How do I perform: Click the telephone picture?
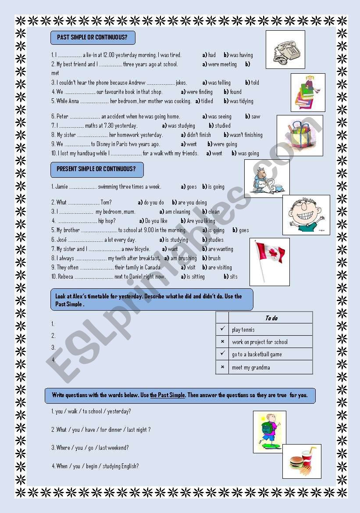(x=285, y=50)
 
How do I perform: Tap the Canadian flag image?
(x=269, y=262)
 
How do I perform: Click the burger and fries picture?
(x=302, y=461)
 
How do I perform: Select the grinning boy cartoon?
(x=306, y=215)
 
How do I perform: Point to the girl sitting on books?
(x=308, y=92)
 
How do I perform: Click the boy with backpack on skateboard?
(x=269, y=432)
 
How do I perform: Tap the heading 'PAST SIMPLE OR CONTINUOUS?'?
(x=93, y=38)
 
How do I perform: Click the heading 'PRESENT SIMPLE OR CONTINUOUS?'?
(x=96, y=169)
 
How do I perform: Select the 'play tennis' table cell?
(x=243, y=330)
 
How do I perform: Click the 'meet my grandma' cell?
(x=251, y=367)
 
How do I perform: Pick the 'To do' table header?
(x=271, y=318)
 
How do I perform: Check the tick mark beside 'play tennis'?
(x=222, y=329)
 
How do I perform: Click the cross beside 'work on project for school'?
(x=222, y=342)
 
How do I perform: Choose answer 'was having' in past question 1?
(x=241, y=55)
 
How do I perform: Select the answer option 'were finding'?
(x=200, y=92)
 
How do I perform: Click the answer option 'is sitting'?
(x=196, y=277)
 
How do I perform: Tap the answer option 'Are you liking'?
(x=201, y=221)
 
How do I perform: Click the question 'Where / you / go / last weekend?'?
(x=92, y=448)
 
